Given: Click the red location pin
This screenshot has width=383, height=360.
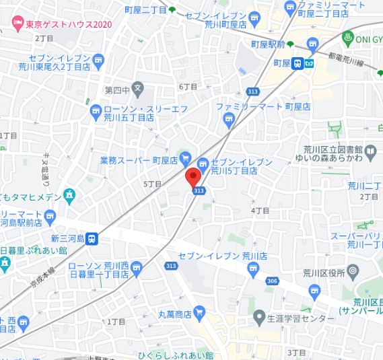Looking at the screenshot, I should (193, 177).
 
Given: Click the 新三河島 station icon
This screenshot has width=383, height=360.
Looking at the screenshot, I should (92, 238).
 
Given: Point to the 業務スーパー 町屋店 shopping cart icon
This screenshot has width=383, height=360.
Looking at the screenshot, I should (186, 157).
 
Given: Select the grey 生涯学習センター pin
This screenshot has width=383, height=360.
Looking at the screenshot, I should (259, 316).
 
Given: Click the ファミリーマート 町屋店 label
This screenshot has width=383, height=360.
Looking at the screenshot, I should (263, 106).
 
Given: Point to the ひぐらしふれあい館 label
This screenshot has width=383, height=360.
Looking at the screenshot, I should (176, 355).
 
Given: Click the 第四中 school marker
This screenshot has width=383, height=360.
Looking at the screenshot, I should (137, 87).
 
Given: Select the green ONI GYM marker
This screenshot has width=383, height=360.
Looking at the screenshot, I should (348, 37).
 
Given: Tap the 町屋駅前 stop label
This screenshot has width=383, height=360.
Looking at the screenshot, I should (265, 44).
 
